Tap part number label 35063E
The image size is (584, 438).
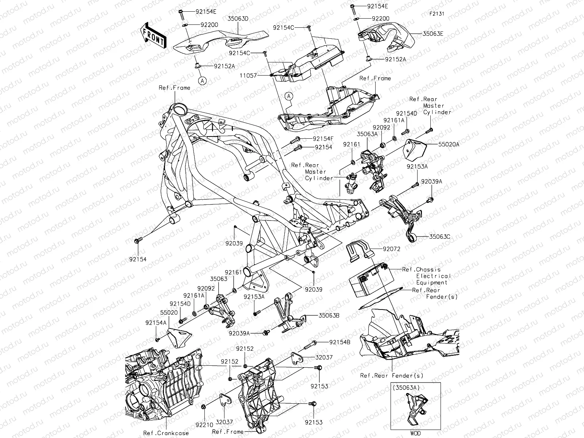pos(433,34)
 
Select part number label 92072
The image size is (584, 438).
pos(392,249)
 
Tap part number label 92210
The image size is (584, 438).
pos(203,425)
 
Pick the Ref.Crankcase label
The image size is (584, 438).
pos(166,433)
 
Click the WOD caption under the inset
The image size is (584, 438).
pos(415,433)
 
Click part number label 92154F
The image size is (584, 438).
pos(324,139)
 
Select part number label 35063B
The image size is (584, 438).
pos(329,315)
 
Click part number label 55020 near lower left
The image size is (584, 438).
pos(168,313)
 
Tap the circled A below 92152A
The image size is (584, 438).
pos(202,81)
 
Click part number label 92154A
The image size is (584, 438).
pos(156,323)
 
